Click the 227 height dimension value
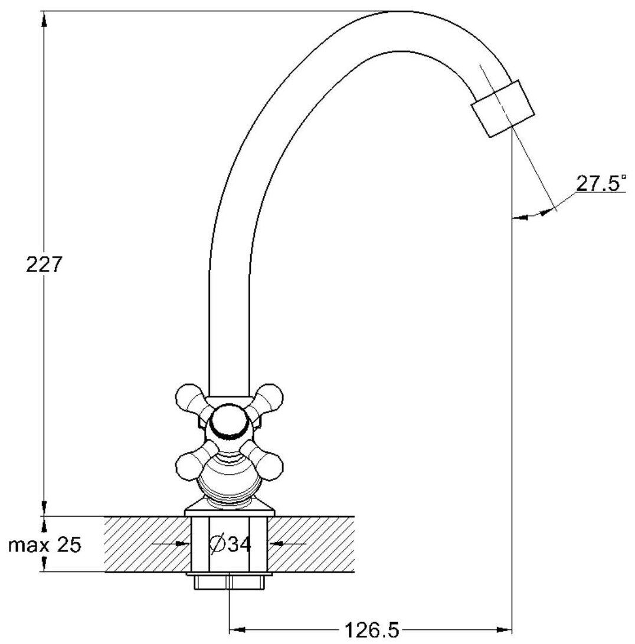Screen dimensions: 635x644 click(x=44, y=264)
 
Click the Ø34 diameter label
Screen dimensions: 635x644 click(x=231, y=544)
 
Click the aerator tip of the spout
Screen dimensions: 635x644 click(x=502, y=109)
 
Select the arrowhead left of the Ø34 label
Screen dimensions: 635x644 click(x=182, y=543)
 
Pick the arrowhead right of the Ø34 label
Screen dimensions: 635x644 click(x=277, y=543)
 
